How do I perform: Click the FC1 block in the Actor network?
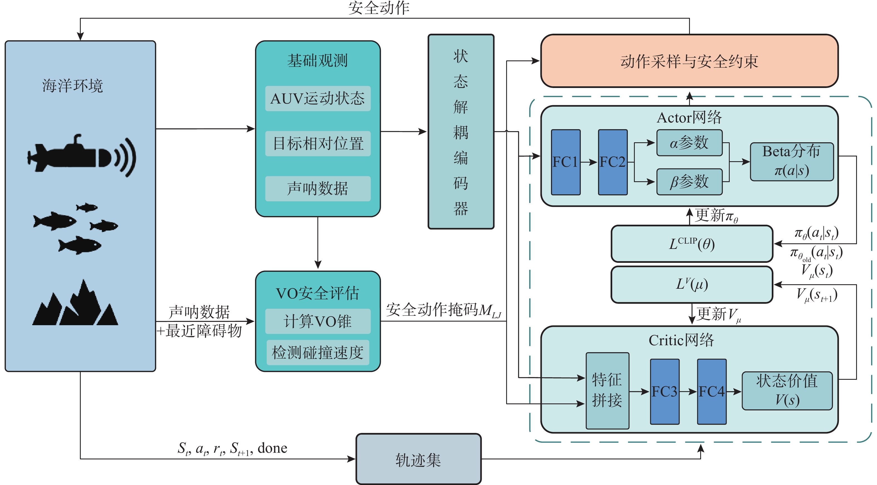(x=565, y=162)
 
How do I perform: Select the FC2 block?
(x=613, y=162)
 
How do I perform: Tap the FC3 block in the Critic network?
(x=664, y=391)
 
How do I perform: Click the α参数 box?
(x=689, y=143)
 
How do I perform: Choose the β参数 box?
(x=689, y=182)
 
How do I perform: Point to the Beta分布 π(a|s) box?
(x=792, y=161)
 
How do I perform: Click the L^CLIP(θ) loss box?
(x=692, y=244)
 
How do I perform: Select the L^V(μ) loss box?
(x=692, y=284)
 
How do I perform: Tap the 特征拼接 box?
(x=607, y=390)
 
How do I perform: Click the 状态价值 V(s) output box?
(x=787, y=390)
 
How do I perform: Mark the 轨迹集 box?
(x=418, y=459)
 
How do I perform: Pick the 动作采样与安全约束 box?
(x=689, y=61)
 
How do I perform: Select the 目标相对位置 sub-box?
(x=318, y=143)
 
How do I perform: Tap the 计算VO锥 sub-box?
(x=318, y=321)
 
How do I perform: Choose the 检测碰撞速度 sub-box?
(x=318, y=352)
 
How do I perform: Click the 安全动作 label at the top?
(x=379, y=8)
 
